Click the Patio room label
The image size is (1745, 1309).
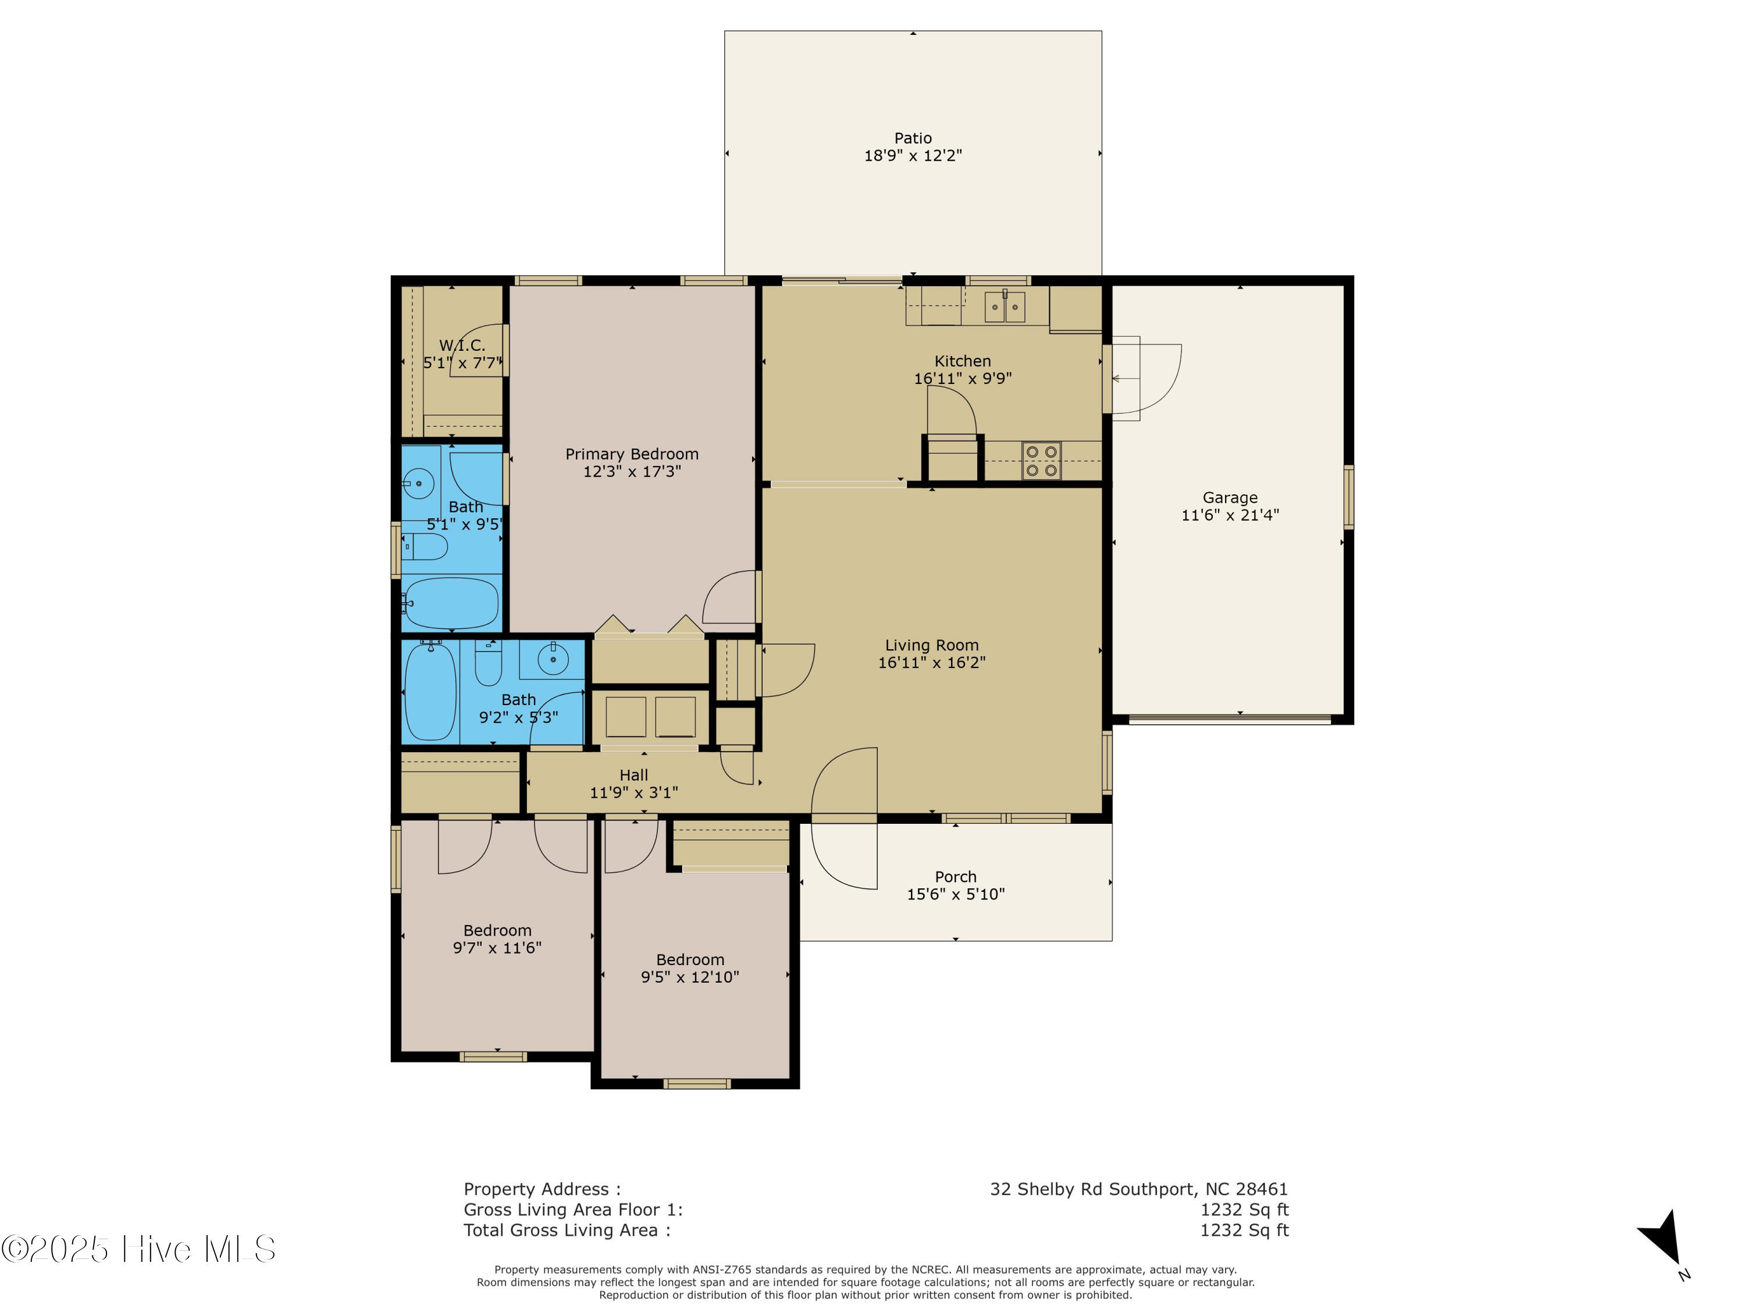[913, 138]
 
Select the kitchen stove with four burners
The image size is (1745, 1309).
[1041, 461]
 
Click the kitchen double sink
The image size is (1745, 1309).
[1004, 307]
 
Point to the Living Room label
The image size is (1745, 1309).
[932, 645]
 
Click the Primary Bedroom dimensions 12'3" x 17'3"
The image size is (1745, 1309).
[632, 472]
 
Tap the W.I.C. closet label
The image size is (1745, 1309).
[462, 346]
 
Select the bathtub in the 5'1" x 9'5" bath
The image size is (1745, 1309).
[451, 603]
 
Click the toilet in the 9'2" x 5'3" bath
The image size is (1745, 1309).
[487, 664]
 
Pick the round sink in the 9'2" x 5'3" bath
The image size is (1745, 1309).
[553, 659]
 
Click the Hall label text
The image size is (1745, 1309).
[633, 776]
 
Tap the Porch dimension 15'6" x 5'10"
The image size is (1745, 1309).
[955, 894]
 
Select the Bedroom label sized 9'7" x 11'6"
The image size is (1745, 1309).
[497, 930]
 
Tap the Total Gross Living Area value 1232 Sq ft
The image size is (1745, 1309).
[1244, 1230]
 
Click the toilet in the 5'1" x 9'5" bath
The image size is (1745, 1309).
[426, 547]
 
